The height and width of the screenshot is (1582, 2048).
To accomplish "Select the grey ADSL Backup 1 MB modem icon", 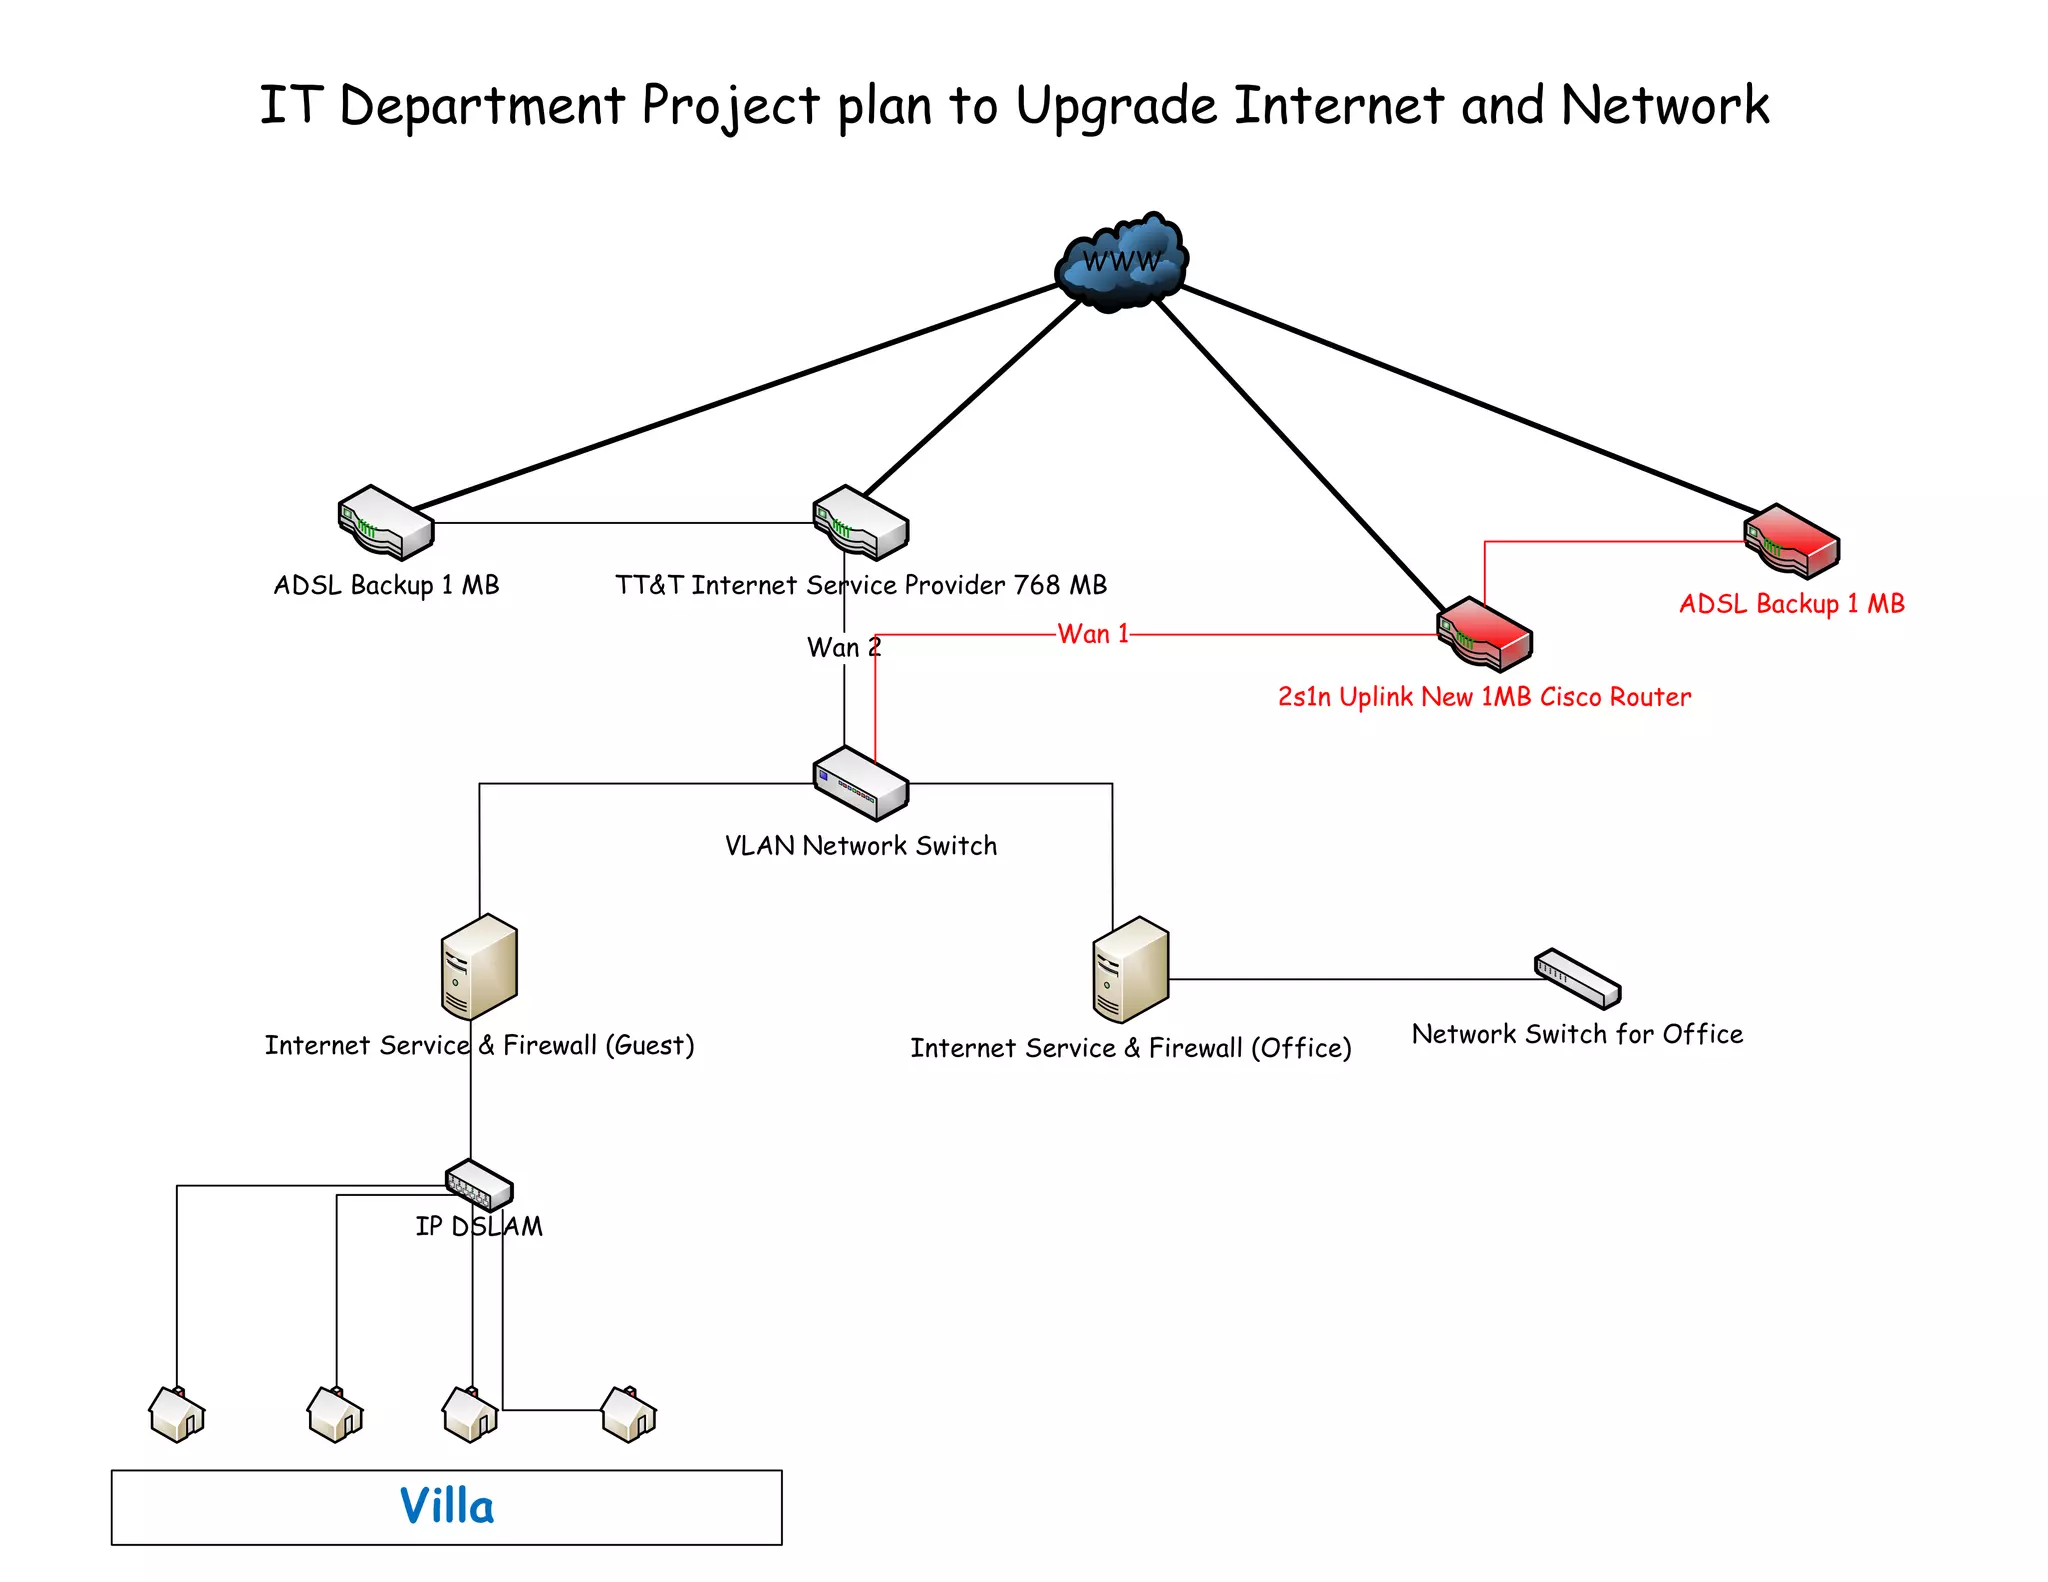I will click(385, 522).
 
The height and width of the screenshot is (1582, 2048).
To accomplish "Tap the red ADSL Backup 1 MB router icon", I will click(1791, 541).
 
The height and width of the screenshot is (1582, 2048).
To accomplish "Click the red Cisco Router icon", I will click(1484, 634).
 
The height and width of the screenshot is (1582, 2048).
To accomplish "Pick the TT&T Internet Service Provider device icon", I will click(860, 522).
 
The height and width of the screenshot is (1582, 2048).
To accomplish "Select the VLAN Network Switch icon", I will click(860, 783).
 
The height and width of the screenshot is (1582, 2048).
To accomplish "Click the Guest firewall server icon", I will click(479, 966).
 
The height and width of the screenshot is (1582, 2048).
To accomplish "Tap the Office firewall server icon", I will click(1130, 969).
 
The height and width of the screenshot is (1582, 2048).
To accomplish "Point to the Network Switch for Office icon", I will click(1577, 978).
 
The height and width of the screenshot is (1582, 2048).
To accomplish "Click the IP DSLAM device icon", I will click(478, 1185).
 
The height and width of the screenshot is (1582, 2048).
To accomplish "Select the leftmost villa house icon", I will click(177, 1414).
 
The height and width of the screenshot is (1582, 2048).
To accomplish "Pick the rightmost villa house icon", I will click(629, 1414).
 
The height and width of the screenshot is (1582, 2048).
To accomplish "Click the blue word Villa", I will click(447, 1506).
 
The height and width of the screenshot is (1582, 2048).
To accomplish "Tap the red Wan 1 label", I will click(1093, 634).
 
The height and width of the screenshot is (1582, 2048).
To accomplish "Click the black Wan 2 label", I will click(843, 647).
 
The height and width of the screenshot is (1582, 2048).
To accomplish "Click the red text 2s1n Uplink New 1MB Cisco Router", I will click(1484, 697).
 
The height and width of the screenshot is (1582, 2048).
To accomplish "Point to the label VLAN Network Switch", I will click(860, 846).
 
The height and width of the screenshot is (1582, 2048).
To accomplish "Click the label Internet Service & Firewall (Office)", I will click(1130, 1048).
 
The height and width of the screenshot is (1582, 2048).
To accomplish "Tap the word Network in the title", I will click(1664, 106).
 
